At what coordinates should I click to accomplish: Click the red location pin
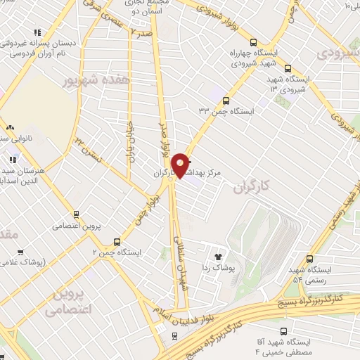[x=181, y=165]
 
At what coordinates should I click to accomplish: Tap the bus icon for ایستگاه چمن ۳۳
[x=226, y=101]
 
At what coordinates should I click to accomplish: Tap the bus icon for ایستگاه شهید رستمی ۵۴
[x=310, y=259]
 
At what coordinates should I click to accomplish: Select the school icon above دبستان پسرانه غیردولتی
[x=37, y=32]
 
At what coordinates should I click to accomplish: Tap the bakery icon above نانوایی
[x=9, y=127]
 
